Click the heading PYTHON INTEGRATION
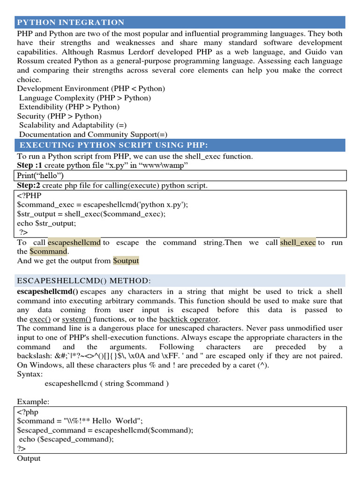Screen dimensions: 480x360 (71, 22)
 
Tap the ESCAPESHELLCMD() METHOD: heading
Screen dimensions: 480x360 (84, 280)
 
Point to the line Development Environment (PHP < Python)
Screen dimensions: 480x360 (91, 89)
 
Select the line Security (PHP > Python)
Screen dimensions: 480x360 (60, 116)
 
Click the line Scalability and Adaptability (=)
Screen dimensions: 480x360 (67, 125)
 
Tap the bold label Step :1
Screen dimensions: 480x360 (30, 166)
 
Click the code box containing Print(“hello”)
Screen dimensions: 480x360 (181, 175)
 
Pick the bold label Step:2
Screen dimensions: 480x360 (29, 186)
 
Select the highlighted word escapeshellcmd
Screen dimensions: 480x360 (74, 242)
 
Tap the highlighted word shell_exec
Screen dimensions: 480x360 (298, 242)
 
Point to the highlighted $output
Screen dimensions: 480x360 (126, 261)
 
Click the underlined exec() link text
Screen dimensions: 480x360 (40, 319)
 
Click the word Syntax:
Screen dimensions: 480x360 (30, 374)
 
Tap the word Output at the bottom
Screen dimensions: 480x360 (29, 458)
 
